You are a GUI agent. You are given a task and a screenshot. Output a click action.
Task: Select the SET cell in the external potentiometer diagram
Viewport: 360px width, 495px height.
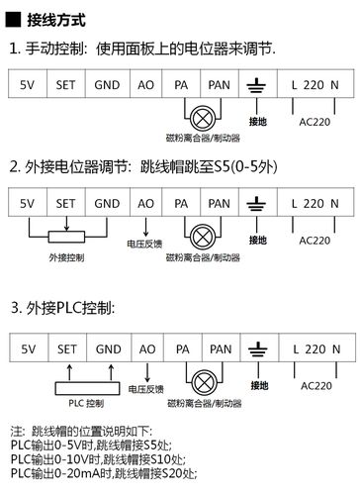(x=66, y=203)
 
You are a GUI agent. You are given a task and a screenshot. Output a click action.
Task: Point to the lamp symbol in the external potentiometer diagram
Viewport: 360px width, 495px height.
(x=202, y=234)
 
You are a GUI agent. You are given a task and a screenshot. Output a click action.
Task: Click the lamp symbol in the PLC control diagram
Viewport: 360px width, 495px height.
(x=202, y=382)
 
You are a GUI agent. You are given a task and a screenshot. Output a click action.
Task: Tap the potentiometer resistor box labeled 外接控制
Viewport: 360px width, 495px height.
(x=66, y=235)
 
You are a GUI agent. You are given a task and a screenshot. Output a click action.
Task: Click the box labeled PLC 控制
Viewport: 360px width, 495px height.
(x=86, y=404)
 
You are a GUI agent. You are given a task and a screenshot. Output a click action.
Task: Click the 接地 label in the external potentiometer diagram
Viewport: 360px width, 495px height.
(x=258, y=240)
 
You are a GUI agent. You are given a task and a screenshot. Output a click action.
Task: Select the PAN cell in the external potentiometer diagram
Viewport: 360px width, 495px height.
(x=221, y=203)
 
